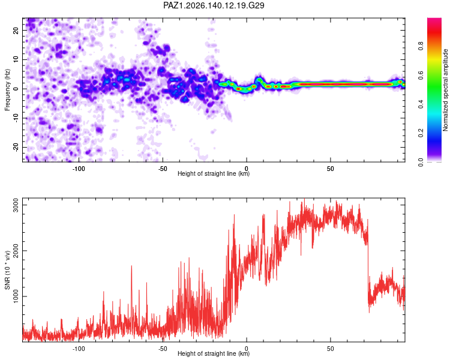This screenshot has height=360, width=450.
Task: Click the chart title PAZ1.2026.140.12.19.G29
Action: [214, 5]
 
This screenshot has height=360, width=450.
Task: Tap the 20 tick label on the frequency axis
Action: [16, 30]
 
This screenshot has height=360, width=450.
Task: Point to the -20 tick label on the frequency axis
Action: [16, 147]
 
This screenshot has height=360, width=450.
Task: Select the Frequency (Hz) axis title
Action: [7, 90]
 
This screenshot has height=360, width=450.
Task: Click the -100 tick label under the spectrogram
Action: [79, 169]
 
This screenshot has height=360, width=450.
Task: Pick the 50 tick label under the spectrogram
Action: [331, 169]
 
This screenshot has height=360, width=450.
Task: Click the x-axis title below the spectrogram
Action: [214, 173]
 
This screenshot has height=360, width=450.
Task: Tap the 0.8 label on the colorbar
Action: [421, 46]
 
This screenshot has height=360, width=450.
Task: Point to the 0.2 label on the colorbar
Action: [421, 133]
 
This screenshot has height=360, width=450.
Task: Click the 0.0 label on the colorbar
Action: [421, 162]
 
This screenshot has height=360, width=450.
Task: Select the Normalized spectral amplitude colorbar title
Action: [445, 90]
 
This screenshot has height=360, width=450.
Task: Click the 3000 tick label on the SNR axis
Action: [16, 205]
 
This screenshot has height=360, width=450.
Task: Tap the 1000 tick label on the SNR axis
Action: [16, 296]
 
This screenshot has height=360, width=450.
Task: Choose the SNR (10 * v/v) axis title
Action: [7, 270]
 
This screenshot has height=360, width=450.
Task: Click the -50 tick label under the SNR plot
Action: [163, 349]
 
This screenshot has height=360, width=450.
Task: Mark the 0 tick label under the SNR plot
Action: [247, 349]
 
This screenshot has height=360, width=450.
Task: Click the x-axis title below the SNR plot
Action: [214, 353]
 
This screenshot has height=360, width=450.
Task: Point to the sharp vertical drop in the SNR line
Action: [368, 264]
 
